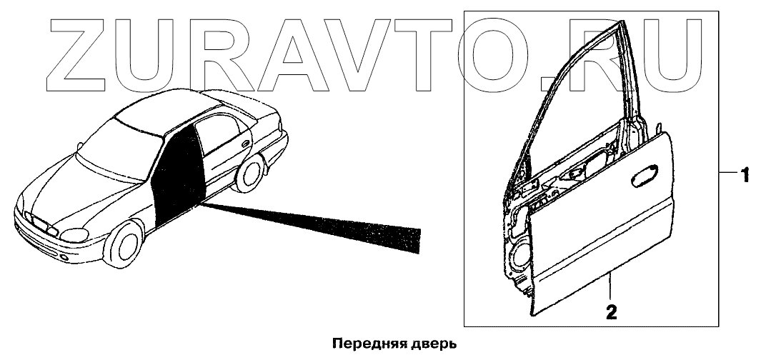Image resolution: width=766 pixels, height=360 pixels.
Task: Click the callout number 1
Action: pyautogui.click(x=744, y=174)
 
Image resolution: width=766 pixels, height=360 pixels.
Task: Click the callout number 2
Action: pyautogui.click(x=611, y=311)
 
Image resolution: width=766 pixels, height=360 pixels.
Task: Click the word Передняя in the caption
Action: pyautogui.click(x=362, y=344)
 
